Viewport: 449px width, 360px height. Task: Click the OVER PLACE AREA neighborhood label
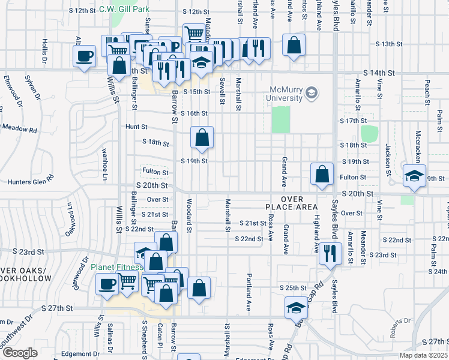point(291,203)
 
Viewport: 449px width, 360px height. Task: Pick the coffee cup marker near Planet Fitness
point(107,283)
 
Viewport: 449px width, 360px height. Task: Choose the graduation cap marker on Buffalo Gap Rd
point(295,307)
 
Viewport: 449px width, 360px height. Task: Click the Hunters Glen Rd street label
point(30,182)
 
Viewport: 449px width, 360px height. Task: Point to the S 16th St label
point(194,113)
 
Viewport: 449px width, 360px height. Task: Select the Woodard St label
point(188,215)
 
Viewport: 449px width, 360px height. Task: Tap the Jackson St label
point(388,157)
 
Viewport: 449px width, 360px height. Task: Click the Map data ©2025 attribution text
point(423,355)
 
